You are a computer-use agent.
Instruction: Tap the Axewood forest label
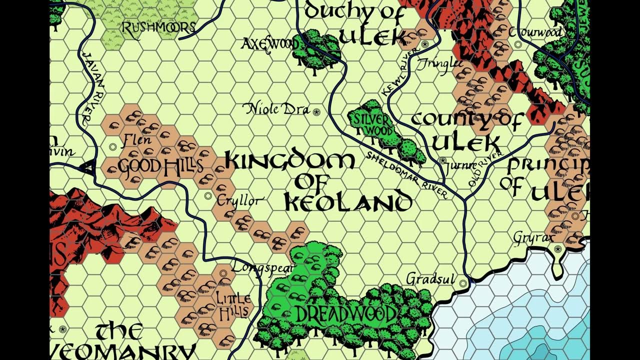(x=269, y=44)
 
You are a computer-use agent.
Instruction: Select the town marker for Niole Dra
(x=316, y=112)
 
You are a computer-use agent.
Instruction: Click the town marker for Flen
(x=113, y=147)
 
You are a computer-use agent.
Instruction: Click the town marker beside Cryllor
(x=208, y=196)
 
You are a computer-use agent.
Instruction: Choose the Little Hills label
(x=233, y=304)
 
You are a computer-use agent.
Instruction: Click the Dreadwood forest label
(x=345, y=314)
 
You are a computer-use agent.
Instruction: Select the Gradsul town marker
(x=463, y=283)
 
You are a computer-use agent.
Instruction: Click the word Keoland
(x=348, y=202)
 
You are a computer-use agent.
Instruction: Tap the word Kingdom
(x=289, y=161)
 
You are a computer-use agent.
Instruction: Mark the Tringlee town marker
(x=425, y=44)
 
